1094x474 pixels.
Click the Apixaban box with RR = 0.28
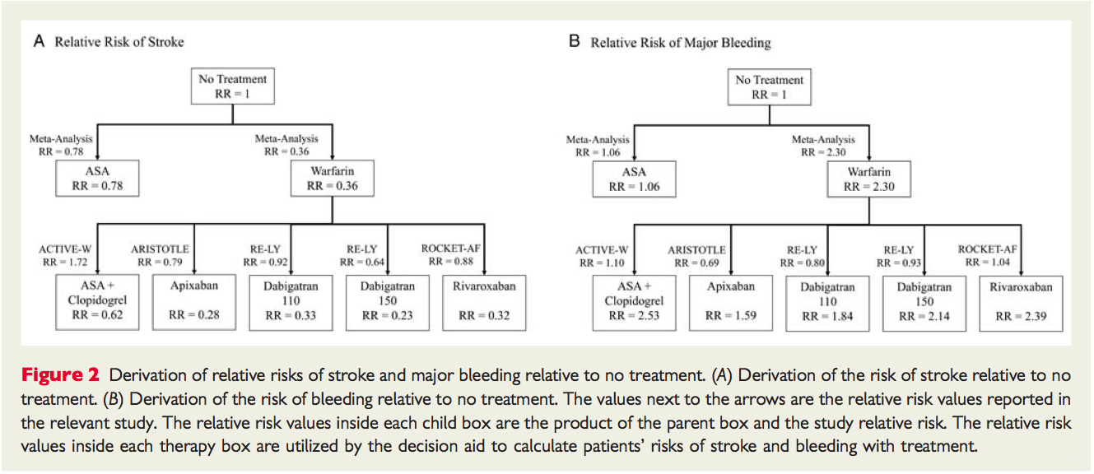[x=194, y=302]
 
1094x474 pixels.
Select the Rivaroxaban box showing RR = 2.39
[x=1021, y=303]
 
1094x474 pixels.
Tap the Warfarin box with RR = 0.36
[x=332, y=179]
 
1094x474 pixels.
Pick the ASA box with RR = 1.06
[x=634, y=179]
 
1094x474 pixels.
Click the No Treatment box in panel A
[x=232, y=86]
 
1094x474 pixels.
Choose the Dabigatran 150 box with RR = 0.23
[x=387, y=303]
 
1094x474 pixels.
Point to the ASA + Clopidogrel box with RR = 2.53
[x=634, y=303]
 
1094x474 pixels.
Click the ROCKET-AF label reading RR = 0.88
[x=451, y=255]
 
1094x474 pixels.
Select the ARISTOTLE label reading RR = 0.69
[x=696, y=256]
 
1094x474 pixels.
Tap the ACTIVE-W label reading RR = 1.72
[x=65, y=255]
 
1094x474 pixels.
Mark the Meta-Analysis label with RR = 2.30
[x=823, y=146]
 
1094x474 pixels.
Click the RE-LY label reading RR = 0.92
[x=265, y=255]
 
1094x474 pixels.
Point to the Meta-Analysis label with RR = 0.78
[x=61, y=145]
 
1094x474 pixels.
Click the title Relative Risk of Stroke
[x=119, y=42]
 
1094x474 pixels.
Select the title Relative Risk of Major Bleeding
[x=680, y=43]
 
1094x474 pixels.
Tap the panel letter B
[x=575, y=41]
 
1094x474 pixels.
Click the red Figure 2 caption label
[x=60, y=375]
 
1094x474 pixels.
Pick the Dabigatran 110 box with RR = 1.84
[x=827, y=303]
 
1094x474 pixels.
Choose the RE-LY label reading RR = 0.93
[x=899, y=256]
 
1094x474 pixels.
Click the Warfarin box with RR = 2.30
[x=868, y=179]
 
